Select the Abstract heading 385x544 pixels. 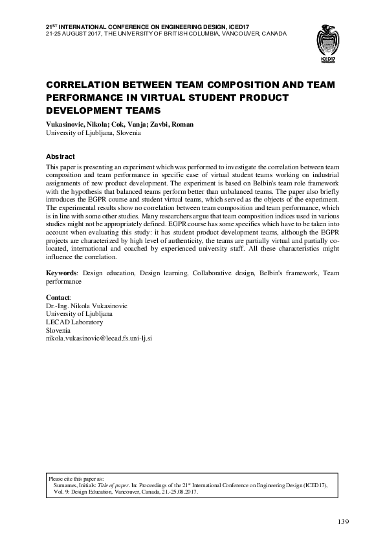pyautogui.click(x=60, y=157)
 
